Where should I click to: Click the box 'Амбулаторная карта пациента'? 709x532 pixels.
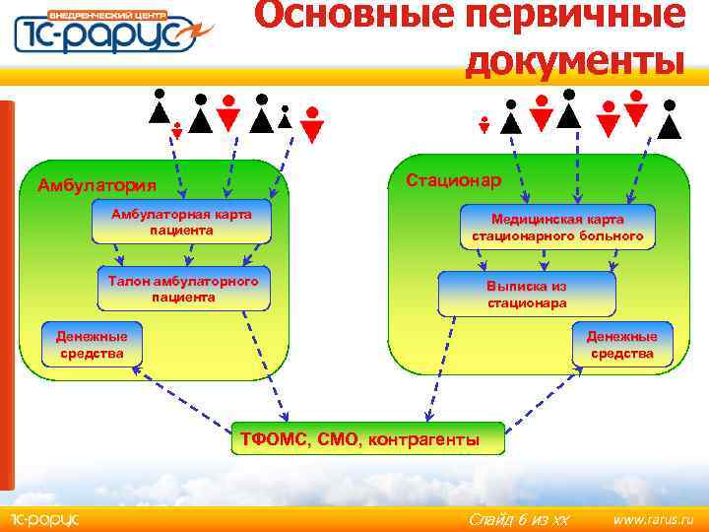[181, 223]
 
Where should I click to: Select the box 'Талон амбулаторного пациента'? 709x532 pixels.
[183, 289]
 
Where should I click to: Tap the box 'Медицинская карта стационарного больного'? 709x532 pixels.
[557, 228]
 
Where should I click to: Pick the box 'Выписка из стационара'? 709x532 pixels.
[527, 294]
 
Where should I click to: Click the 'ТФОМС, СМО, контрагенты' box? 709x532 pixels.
[360, 439]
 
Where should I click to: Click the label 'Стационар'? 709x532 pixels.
[454, 179]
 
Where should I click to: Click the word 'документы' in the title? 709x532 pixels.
[573, 60]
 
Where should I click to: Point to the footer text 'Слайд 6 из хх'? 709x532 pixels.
[518, 519]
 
